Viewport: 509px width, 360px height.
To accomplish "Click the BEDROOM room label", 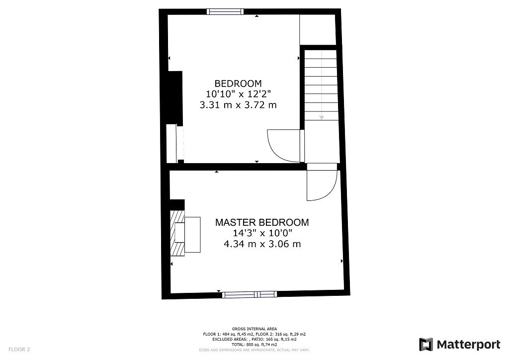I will coord(238,83).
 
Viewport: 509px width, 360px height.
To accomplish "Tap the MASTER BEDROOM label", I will coord(261,222).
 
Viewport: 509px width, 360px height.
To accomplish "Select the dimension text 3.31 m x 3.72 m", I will coord(238,105).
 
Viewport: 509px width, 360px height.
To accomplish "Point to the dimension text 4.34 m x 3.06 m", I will coord(262,244).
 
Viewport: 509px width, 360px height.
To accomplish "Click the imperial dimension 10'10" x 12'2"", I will coord(238,94).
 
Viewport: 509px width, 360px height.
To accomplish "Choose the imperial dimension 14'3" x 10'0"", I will coord(262,233).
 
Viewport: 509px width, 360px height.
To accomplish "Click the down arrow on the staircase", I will coord(322,117).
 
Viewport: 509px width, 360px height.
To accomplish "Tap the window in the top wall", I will coord(225,11).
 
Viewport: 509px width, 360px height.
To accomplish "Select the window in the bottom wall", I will coord(250,294).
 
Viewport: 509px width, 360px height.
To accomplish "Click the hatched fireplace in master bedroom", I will coord(177,232).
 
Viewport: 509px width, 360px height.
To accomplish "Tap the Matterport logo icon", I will coord(426,344).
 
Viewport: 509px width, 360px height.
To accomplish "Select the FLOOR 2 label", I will coord(19,350).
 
